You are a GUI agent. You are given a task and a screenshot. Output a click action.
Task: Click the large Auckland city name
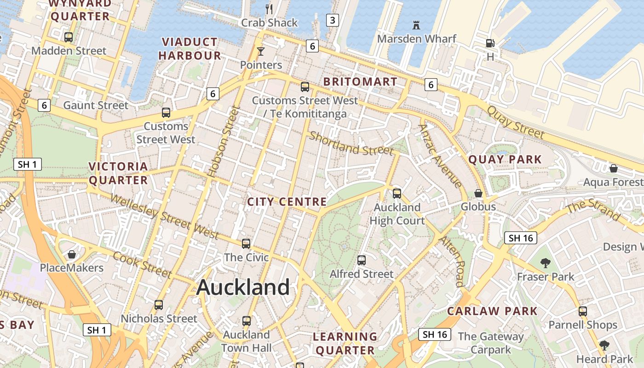tap(243, 287)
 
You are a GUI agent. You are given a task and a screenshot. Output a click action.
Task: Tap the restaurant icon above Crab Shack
tap(270, 9)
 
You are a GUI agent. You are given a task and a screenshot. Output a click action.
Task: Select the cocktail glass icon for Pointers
tap(261, 51)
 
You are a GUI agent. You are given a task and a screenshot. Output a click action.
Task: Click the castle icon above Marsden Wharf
tap(416, 24)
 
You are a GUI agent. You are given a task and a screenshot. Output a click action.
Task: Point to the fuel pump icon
tap(490, 43)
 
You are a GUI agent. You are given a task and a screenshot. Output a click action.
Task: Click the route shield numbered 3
tap(332, 20)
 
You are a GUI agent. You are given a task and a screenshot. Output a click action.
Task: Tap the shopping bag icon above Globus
tap(478, 193)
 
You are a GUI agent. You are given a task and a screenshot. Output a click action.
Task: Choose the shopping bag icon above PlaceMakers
tap(72, 254)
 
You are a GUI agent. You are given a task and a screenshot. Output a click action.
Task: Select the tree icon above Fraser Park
tap(546, 263)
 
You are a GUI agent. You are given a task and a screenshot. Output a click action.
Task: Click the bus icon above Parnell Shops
tap(583, 311)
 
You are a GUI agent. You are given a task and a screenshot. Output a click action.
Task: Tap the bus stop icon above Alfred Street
tap(362, 260)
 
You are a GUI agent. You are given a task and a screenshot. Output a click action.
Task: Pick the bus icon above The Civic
tap(246, 244)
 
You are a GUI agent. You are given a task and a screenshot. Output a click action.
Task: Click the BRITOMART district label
tap(360, 82)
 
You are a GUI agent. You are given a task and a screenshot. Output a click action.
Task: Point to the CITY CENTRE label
tap(287, 202)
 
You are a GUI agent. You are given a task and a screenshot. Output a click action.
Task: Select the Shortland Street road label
tap(351, 144)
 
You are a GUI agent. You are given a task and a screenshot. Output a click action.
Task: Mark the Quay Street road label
tap(515, 122)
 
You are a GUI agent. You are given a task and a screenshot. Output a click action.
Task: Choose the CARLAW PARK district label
tap(492, 311)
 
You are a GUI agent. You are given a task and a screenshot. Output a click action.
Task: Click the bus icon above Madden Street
tap(69, 37)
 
